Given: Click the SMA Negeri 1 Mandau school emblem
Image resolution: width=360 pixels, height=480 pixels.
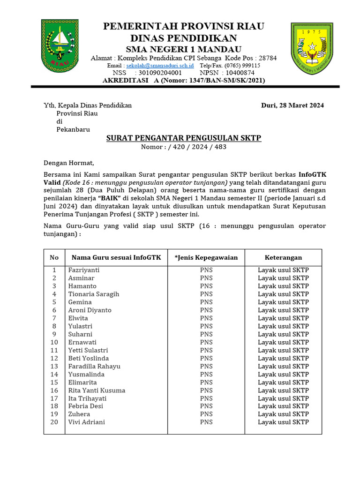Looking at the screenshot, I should click(312, 47).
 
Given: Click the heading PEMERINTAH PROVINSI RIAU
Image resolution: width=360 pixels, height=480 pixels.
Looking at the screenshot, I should click(184, 26).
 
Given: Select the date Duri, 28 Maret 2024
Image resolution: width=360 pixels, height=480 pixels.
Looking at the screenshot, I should click(292, 105).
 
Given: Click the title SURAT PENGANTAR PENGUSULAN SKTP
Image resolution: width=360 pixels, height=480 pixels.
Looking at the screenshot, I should click(184, 138).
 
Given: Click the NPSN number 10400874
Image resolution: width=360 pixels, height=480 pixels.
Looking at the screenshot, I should click(240, 73).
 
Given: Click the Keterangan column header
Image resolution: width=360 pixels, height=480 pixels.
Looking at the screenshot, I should click(283, 257).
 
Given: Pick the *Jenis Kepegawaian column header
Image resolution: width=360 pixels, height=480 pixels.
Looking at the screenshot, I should click(206, 257).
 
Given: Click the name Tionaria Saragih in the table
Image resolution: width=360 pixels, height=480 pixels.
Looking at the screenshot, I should click(94, 294).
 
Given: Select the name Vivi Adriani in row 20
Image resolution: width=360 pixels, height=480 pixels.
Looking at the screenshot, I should click(87, 422).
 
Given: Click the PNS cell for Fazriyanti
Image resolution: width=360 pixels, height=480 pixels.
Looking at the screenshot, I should click(206, 270).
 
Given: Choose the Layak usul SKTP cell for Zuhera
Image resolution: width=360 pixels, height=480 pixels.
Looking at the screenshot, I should click(283, 414).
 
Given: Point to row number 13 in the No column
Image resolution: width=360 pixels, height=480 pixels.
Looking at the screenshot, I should click(54, 366).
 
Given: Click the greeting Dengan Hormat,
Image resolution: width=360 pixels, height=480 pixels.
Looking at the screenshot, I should click(69, 163).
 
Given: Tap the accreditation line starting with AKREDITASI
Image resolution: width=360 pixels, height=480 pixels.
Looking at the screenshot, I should click(184, 80).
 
